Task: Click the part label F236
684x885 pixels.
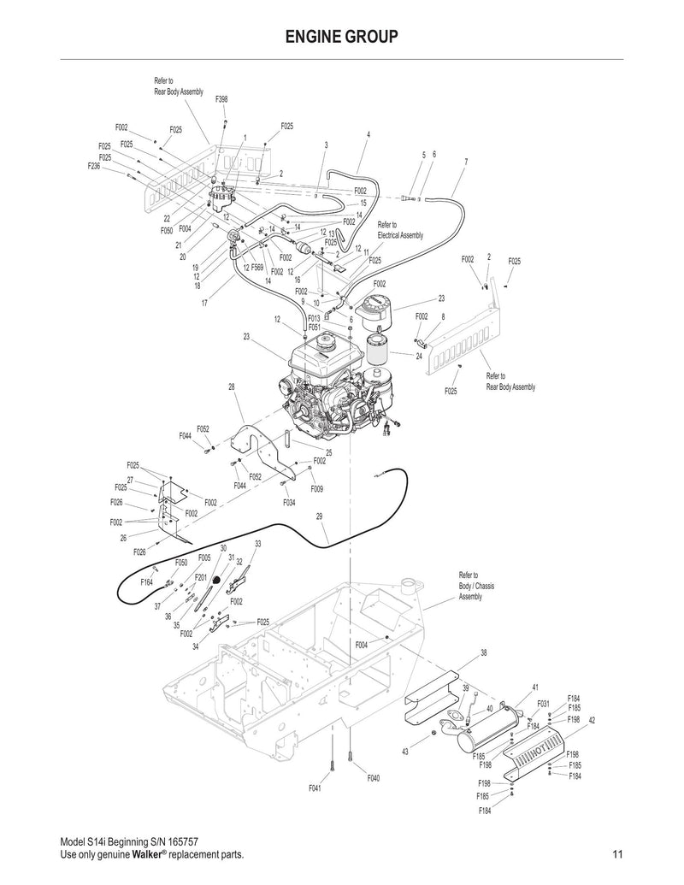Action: [x=95, y=167]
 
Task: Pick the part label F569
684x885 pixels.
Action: [x=256, y=268]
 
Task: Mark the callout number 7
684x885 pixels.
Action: [x=465, y=162]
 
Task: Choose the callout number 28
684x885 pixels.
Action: [x=231, y=387]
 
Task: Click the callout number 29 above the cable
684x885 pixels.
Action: [x=319, y=516]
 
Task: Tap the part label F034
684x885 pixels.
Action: [x=289, y=503]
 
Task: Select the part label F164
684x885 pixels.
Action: [x=147, y=581]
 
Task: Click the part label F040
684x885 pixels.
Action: [x=374, y=778]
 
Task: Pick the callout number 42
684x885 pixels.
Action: [x=591, y=720]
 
